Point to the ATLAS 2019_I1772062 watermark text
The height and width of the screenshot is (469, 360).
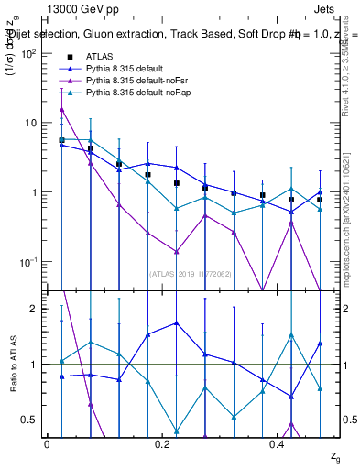click(191, 273)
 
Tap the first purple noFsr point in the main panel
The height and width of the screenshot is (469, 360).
click(61, 109)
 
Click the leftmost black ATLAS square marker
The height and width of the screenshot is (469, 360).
click(61, 140)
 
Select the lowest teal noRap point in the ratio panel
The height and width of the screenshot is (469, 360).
click(176, 431)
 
